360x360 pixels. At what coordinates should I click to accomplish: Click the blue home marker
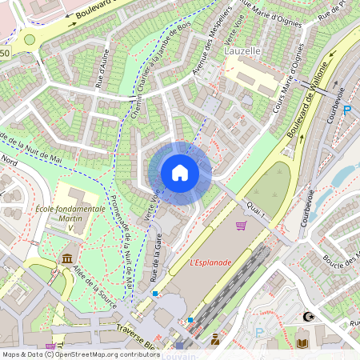[x=180, y=173]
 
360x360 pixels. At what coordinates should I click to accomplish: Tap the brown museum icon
[x=66, y=260]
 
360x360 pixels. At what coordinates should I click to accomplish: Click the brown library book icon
[x=302, y=343]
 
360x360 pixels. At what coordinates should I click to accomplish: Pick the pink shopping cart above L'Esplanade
[x=241, y=226]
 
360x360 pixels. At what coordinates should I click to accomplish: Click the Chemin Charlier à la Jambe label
[x=150, y=80]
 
